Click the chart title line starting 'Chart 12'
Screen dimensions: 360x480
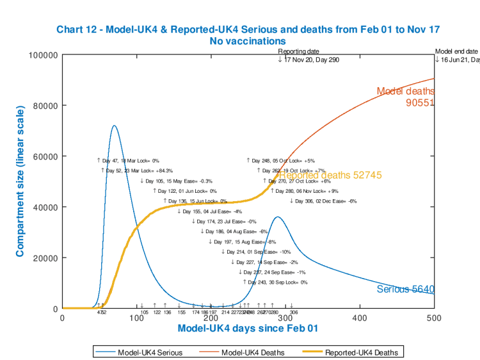248,29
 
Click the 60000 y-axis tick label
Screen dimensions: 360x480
47,156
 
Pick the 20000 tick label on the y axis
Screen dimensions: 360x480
47,258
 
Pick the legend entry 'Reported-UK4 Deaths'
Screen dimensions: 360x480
361,352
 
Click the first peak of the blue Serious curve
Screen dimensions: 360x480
115,126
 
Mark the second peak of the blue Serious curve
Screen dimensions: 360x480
276,217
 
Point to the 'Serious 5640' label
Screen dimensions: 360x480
405,290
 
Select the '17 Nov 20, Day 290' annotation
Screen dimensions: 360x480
312,60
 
